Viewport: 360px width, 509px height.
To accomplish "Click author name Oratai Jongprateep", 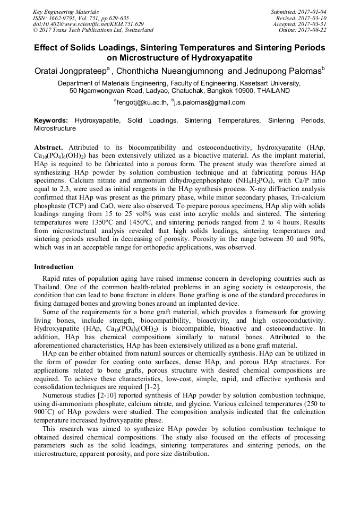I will (x=71, y=71).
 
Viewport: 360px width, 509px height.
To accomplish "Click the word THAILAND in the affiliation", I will (x=271, y=91).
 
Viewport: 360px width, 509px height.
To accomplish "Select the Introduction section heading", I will (x=54, y=266).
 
